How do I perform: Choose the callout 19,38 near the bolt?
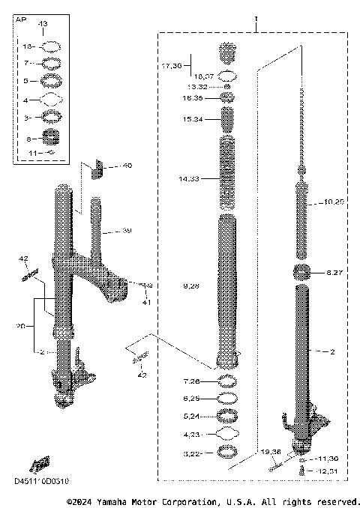click(271, 452)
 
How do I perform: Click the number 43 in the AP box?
click(42, 25)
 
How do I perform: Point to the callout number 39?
click(127, 232)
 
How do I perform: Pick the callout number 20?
click(21, 327)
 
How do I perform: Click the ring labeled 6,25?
click(229, 398)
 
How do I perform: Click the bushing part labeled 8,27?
click(303, 273)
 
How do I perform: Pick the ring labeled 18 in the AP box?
click(50, 46)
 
